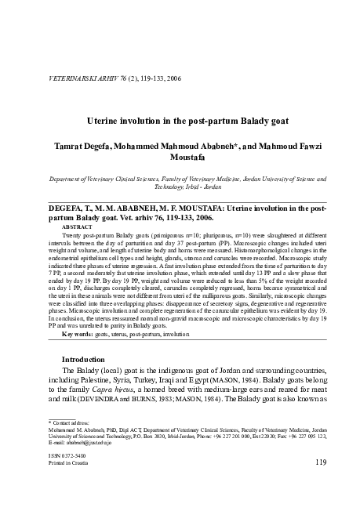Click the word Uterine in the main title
coord(106,121)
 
